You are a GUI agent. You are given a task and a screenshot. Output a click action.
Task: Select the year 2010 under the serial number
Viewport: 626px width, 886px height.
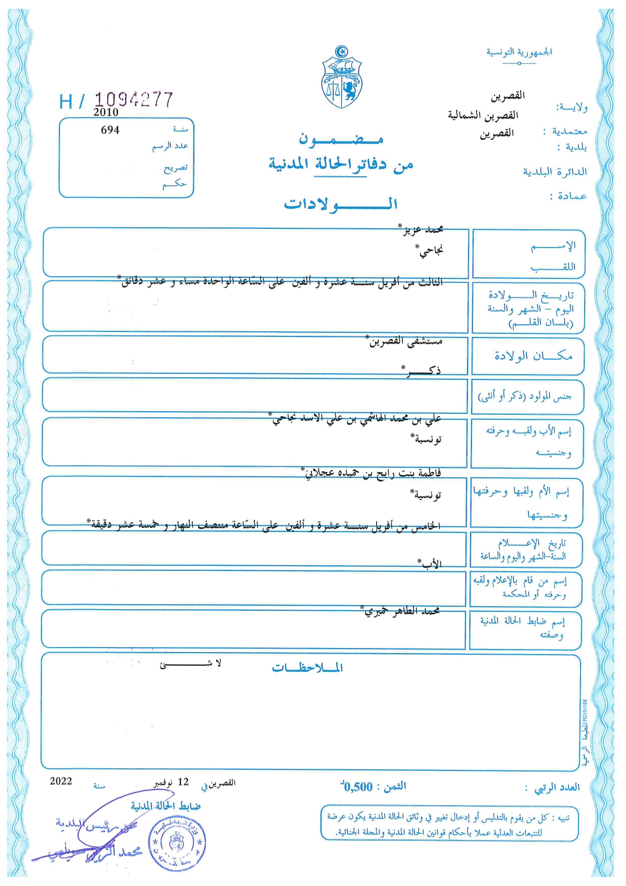[106, 112]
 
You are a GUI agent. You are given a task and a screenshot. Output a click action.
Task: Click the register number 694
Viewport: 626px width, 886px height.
[110, 130]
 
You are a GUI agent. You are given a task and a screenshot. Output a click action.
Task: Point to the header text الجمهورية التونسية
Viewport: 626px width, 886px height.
[519, 52]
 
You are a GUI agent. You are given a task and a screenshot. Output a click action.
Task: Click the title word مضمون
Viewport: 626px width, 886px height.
[341, 138]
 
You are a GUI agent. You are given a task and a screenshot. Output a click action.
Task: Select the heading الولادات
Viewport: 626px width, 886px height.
[341, 204]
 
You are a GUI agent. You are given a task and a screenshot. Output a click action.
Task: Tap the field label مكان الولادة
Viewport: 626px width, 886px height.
[533, 356]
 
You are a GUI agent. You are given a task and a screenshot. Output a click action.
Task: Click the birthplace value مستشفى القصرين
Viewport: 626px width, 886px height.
[406, 341]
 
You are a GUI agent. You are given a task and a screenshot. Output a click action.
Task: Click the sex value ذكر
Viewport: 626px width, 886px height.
[423, 371]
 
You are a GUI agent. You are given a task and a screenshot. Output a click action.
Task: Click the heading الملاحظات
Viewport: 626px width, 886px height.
[307, 668]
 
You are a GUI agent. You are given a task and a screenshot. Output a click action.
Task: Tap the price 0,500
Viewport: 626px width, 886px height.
[358, 786]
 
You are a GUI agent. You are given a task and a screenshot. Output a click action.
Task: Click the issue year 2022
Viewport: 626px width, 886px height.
[61, 781]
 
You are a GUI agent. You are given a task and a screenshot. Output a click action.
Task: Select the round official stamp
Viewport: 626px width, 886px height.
[177, 843]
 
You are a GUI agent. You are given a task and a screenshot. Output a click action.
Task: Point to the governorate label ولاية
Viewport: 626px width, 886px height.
[571, 108]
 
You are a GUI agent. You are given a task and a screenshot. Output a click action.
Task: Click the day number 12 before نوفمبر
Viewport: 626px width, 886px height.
[183, 782]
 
